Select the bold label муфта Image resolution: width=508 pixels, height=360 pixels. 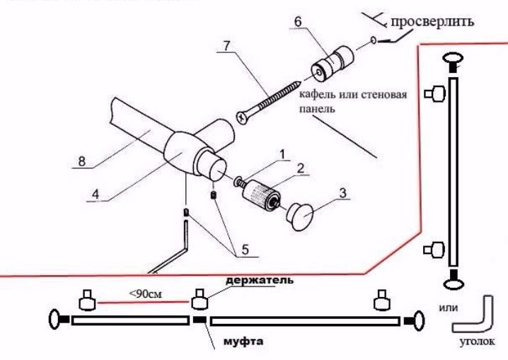pyautogui.click(x=241, y=342)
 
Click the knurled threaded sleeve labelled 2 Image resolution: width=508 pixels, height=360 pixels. pyautogui.click(x=262, y=194)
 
